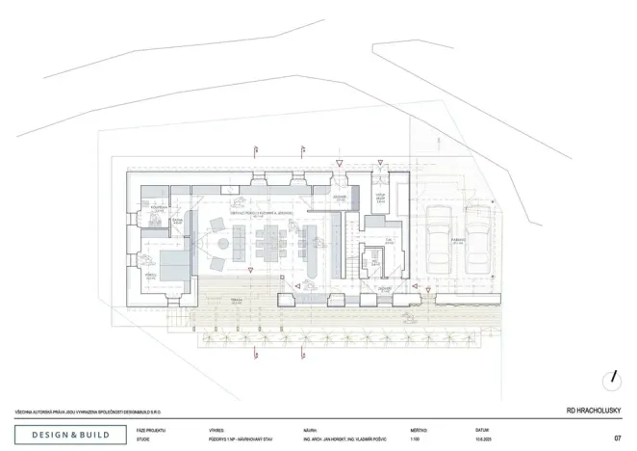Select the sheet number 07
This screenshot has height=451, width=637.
click(617, 438)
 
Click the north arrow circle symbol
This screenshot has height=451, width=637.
click(612, 378)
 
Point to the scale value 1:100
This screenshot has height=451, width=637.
click(416, 438)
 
